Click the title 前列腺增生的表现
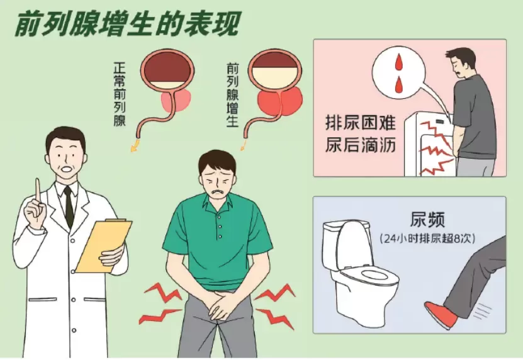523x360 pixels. [127, 25]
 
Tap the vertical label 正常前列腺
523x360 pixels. [120, 94]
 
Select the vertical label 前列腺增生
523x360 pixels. [232, 95]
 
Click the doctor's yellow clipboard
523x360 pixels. [104, 245]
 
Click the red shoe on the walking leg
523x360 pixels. [441, 314]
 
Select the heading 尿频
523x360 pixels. [427, 219]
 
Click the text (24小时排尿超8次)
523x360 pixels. [427, 239]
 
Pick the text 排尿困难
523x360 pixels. [360, 123]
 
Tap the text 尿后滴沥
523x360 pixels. [360, 145]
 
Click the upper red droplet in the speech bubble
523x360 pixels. [399, 62]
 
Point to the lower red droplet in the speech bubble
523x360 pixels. [399, 85]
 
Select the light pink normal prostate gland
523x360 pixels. [176, 101]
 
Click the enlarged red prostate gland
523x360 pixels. [280, 101]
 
